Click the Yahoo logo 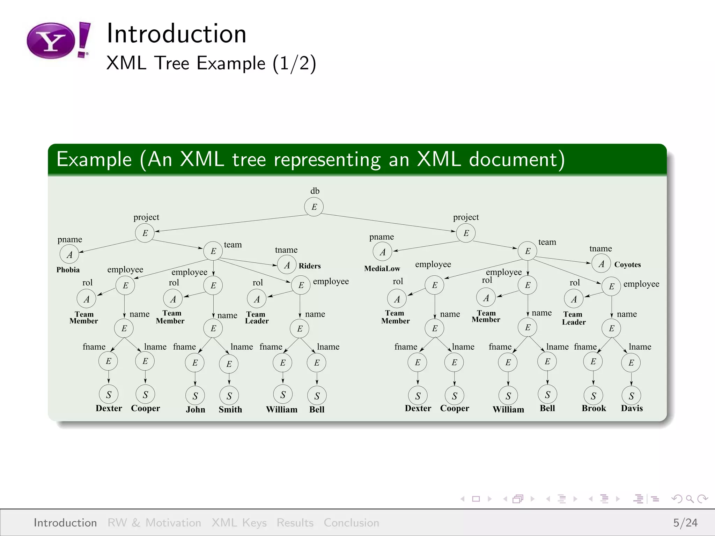(x=58, y=40)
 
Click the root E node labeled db (x=314, y=207)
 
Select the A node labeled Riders (x=287, y=265)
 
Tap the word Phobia (x=68, y=270)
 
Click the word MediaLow (x=382, y=269)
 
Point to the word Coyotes (x=627, y=265)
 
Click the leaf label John (x=195, y=409)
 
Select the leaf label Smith (x=230, y=409)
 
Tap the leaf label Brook (x=594, y=408)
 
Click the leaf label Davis (x=632, y=408)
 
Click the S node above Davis (x=631, y=395)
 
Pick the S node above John (x=195, y=395)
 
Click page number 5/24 (x=685, y=522)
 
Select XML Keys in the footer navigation (x=239, y=522)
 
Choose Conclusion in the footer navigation (x=351, y=522)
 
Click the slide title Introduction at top (x=176, y=33)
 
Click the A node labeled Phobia (x=69, y=254)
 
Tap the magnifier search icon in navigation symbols (x=690, y=499)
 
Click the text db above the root (x=315, y=191)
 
